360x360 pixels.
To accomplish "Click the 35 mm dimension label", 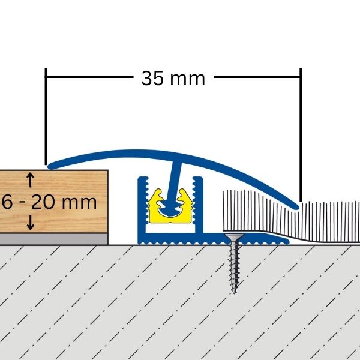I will [x=173, y=79].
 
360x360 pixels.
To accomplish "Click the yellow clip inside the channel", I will [x=171, y=204].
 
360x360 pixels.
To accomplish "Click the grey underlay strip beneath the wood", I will [x=54, y=239].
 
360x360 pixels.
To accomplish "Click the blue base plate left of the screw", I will [x=180, y=240].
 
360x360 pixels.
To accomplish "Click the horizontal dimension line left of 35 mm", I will [x=90, y=77].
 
